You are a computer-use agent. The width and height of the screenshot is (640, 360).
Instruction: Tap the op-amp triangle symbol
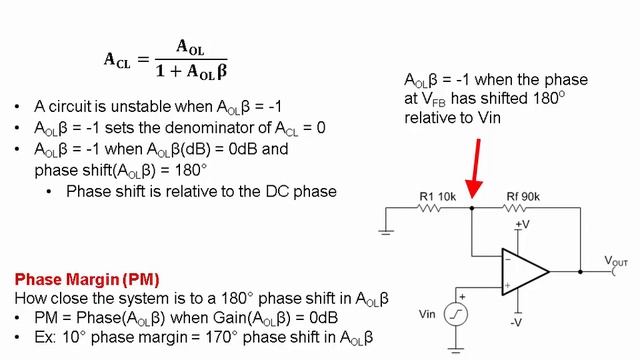(524, 272)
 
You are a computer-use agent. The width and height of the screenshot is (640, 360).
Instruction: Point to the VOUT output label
(616, 261)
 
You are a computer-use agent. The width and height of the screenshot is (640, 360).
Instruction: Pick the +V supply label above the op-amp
(523, 224)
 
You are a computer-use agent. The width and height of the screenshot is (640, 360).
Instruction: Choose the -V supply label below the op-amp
(517, 322)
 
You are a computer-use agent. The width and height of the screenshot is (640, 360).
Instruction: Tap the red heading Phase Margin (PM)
(87, 278)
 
